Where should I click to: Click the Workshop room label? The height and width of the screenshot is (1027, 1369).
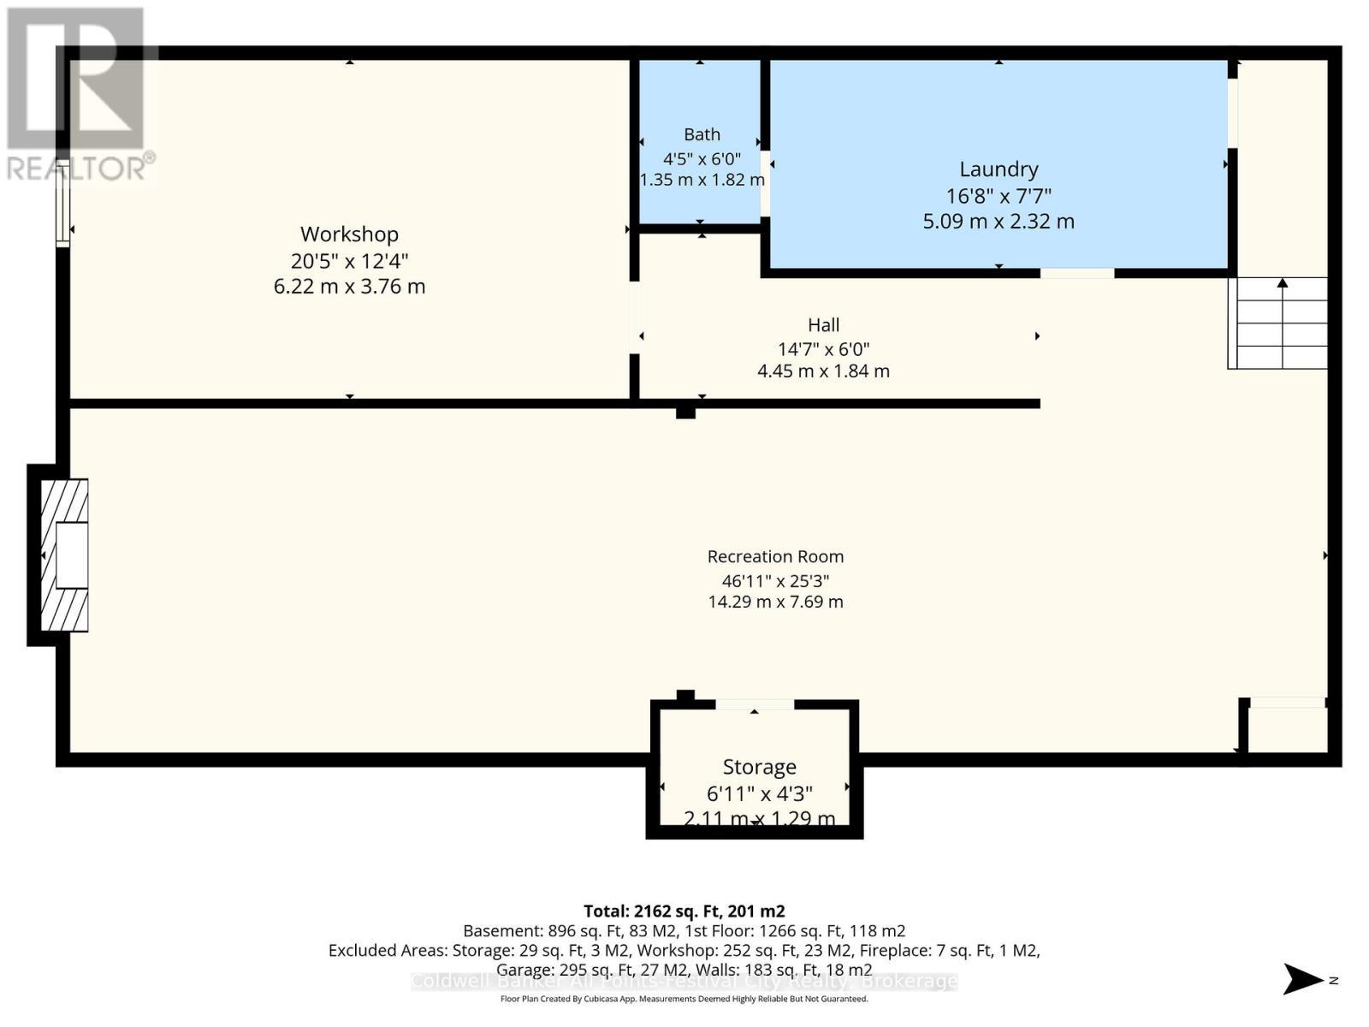tap(349, 234)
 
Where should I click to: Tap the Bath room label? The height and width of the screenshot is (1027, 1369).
tap(702, 134)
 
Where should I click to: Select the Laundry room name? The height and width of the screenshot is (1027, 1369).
tap(999, 169)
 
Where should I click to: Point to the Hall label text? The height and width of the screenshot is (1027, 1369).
tap(823, 324)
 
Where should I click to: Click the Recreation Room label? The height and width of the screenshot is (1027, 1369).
tap(775, 556)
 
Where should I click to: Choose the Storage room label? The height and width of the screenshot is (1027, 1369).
tap(759, 767)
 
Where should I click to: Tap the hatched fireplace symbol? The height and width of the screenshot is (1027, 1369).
tap(65, 555)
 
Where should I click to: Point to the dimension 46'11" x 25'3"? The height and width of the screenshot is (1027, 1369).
tap(775, 579)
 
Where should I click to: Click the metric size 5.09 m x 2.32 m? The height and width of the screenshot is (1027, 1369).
tap(999, 221)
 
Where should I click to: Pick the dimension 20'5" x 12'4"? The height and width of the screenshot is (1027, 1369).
tap(349, 260)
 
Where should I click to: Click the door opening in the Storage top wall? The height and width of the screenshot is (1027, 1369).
tap(755, 704)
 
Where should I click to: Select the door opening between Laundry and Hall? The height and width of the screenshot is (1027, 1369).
tap(1077, 273)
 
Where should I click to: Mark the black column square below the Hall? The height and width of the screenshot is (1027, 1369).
tap(685, 412)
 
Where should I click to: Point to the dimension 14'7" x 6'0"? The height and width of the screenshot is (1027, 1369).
tap(823, 348)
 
